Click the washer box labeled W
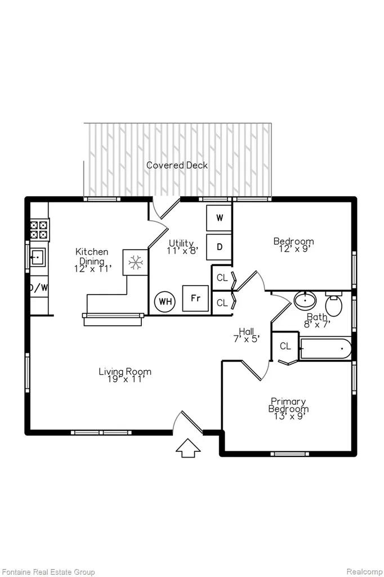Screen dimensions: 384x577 (x=219, y=218)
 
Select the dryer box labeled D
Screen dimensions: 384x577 (x=219, y=247)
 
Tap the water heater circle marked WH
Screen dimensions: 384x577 (x=165, y=302)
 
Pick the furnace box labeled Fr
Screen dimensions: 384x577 (x=195, y=298)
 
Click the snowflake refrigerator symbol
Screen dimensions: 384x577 (x=135, y=263)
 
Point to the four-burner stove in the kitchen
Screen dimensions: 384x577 (x=39, y=230)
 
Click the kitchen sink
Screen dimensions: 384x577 (x=37, y=258)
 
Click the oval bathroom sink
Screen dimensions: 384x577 (x=305, y=300)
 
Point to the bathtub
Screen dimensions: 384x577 (x=325, y=348)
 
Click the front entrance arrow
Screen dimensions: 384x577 (x=188, y=448)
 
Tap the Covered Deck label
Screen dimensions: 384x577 (x=177, y=165)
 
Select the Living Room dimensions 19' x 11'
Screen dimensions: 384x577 (x=125, y=379)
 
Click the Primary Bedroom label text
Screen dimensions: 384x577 (x=288, y=405)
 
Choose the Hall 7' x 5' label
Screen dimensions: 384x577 (x=247, y=335)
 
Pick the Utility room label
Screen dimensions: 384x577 (x=181, y=243)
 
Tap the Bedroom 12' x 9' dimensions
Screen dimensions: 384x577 (x=293, y=249)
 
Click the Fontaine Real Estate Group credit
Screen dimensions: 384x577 (x=48, y=572)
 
